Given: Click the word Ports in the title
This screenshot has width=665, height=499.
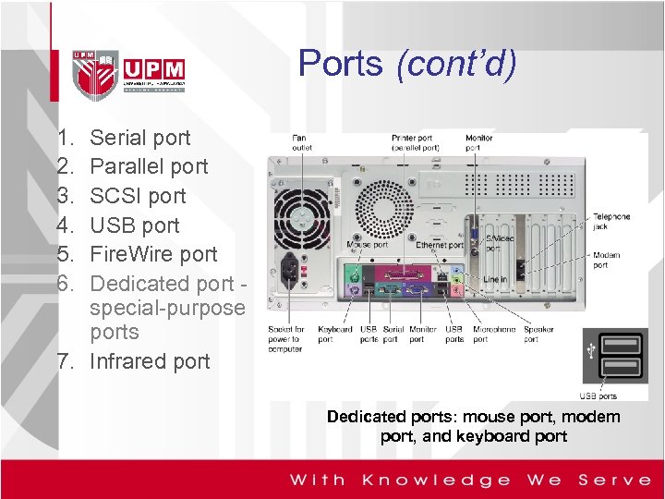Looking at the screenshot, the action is pos(340,63).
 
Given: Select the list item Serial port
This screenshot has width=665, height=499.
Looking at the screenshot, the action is pos(139,138).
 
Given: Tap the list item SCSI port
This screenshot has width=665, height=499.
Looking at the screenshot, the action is pos(138,196).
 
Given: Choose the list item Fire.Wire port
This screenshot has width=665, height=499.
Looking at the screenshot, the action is pos(153,254).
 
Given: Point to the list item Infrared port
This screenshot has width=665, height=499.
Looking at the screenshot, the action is pos(150,361).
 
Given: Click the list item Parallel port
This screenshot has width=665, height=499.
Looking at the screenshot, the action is pos(149,167).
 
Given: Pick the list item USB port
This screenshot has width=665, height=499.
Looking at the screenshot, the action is pos(135,225).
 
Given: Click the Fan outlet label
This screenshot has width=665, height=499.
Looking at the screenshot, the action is pos(302,142).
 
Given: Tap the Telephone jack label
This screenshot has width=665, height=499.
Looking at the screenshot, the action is pos(611,221).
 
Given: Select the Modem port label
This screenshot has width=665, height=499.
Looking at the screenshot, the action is pos(607,260).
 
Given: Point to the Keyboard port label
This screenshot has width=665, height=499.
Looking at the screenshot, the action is pos(334,334).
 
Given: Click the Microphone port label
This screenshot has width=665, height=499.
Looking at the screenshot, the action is pos(495,334).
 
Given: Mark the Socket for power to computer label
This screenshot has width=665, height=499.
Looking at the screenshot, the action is pos(286,338).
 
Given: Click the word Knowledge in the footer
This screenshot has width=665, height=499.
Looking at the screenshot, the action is pos(436,480).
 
